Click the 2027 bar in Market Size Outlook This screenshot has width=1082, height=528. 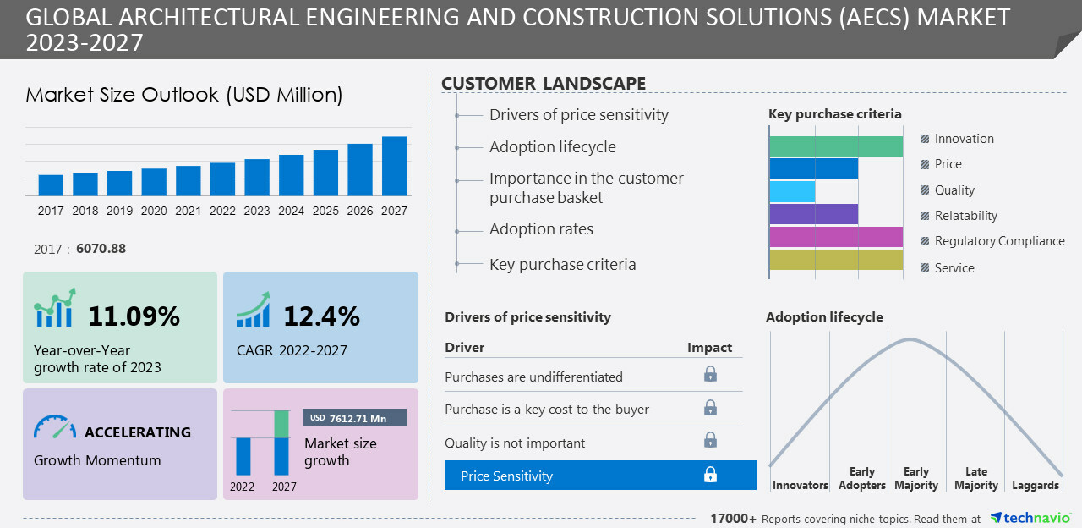click(x=394, y=167)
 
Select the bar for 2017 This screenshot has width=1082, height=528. click(x=51, y=185)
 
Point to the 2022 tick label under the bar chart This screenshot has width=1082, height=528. click(x=222, y=211)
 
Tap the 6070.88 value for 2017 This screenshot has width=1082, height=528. click(x=101, y=249)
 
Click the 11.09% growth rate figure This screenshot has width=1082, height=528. click(x=134, y=316)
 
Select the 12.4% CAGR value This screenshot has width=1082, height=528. click(x=321, y=316)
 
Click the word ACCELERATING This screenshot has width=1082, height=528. click(x=138, y=432)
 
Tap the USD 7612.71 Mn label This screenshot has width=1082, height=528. click(x=354, y=418)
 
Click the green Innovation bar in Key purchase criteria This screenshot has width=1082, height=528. click(x=836, y=146)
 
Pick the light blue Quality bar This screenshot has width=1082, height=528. click(x=792, y=191)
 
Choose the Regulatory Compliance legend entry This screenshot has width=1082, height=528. click(x=999, y=241)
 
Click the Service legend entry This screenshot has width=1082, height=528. click(x=954, y=268)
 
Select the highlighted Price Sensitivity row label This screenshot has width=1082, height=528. click(x=506, y=476)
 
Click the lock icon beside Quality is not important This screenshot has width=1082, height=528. click(x=710, y=440)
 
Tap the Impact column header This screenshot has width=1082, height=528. click(x=709, y=348)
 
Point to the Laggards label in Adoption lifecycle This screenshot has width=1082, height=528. click(x=1035, y=486)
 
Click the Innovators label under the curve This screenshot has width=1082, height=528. click(x=800, y=486)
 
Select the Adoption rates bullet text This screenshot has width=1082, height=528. click(x=541, y=229)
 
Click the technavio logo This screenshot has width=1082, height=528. click(x=1030, y=518)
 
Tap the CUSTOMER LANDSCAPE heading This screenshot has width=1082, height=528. click(x=544, y=83)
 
